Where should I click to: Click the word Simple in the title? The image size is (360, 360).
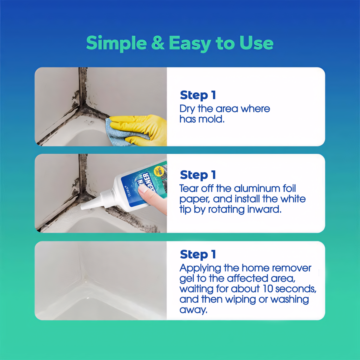[116, 43]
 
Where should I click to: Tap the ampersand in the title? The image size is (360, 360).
[158, 43]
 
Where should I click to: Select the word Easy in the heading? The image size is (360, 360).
[190, 43]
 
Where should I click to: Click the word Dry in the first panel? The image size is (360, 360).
[187, 109]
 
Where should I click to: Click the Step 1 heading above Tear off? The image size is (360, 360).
[198, 175]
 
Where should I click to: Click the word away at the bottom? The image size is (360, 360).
[193, 310]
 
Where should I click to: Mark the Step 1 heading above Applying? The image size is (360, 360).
[198, 254]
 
